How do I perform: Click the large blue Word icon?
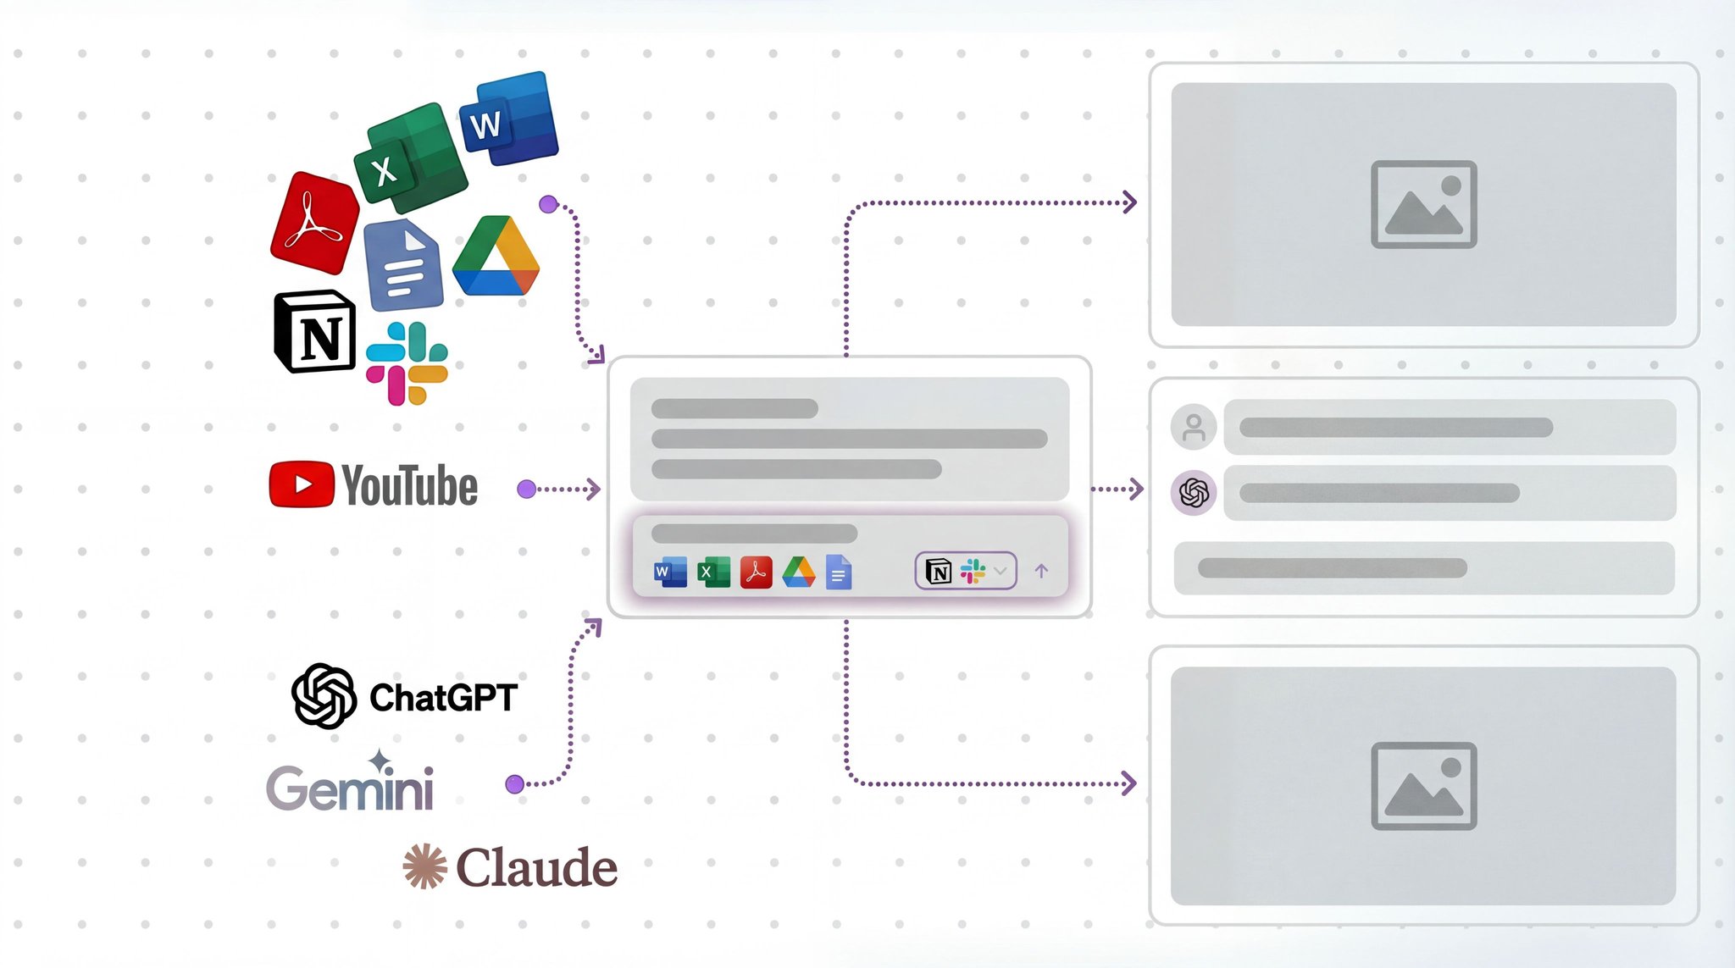[509, 119]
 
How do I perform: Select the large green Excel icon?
[410, 159]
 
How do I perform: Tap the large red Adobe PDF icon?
[314, 223]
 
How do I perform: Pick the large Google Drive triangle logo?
[496, 257]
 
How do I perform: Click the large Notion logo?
[314, 332]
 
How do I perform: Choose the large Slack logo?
[407, 363]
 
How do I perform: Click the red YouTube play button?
[302, 484]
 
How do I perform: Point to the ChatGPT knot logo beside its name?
[324, 696]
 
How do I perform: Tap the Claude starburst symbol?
[424, 866]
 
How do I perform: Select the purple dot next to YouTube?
[526, 489]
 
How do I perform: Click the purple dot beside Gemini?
[514, 784]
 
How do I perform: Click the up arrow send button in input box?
[1041, 571]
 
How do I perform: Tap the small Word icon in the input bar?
[670, 573]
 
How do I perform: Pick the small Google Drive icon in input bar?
[798, 573]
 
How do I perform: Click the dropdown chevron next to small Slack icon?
[1001, 571]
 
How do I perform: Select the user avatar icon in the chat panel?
[1194, 427]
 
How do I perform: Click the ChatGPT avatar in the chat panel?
[1194, 492]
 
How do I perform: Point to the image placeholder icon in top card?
[1423, 204]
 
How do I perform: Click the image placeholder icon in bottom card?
[1423, 786]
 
